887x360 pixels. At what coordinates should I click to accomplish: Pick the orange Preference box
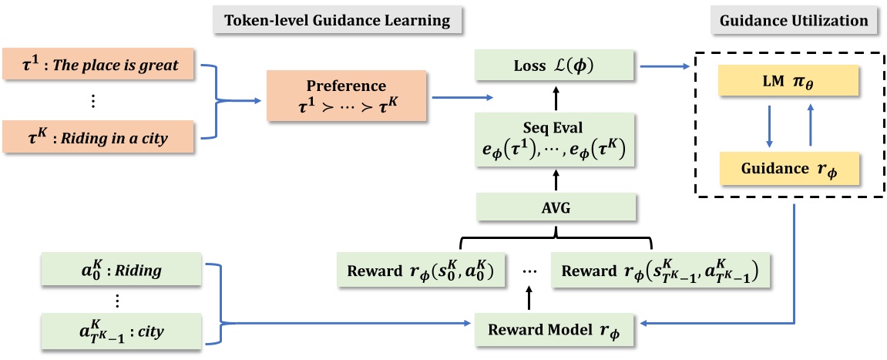pos(348,97)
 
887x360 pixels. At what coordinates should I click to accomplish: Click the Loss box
pos(553,66)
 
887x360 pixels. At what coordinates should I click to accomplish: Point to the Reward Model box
pos(553,327)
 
